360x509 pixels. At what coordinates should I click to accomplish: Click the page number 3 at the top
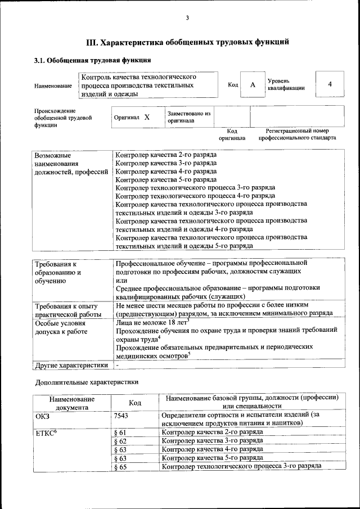tap(187, 18)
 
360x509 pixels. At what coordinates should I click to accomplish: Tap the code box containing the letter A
tap(253, 84)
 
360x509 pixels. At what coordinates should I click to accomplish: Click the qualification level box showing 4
tap(330, 84)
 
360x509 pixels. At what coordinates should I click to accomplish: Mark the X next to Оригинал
tap(147, 118)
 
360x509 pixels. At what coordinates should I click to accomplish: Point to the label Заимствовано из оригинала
tap(188, 117)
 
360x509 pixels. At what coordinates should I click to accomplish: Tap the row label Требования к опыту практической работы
tap(68, 310)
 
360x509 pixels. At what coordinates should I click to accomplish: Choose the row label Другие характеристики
tap(71, 365)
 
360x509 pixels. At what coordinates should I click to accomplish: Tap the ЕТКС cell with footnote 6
tap(46, 432)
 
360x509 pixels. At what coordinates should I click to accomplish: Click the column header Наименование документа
tap(71, 403)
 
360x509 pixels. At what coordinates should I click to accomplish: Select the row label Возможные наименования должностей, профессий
tap(71, 163)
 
